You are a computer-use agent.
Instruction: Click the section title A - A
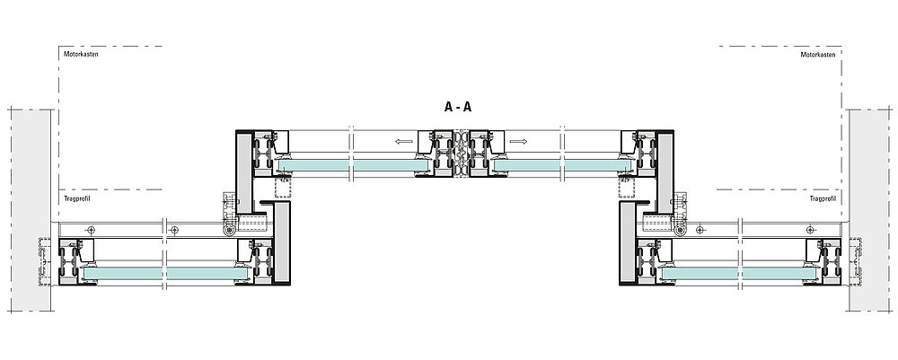coord(458,107)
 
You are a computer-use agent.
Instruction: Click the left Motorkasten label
coord(81,55)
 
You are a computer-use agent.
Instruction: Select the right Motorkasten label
coord(817,55)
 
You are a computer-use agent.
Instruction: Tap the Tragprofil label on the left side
coord(75,200)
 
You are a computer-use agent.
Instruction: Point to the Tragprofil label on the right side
coord(823,200)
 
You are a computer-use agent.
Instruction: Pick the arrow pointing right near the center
coord(518,141)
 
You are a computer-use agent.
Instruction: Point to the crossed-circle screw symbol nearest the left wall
coord(92,231)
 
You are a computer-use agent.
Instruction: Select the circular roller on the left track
coord(233,231)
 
